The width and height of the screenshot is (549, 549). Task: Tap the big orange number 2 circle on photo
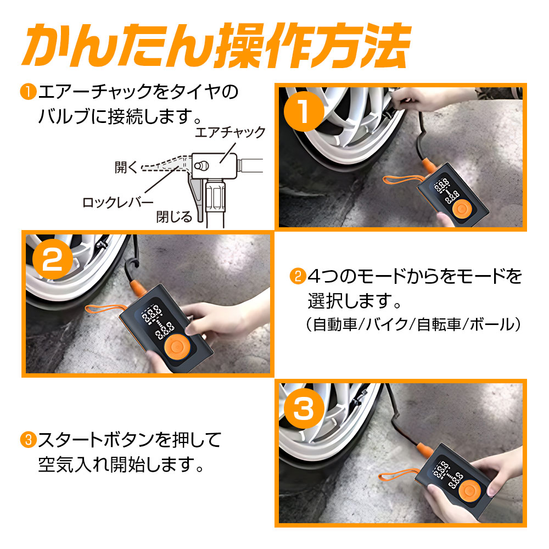point(52,262)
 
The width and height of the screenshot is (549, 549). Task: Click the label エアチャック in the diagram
point(238,132)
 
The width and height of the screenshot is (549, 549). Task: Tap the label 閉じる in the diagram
point(175,216)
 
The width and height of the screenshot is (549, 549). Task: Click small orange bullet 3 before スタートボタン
point(27,439)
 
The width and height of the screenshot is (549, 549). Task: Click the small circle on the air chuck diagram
point(203,164)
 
